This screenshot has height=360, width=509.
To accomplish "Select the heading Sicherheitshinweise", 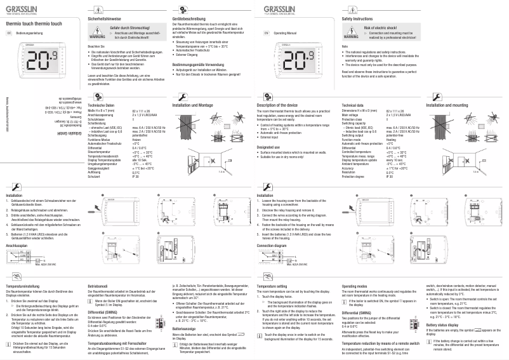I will (105, 20).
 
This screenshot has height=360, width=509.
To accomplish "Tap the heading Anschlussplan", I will (17, 227).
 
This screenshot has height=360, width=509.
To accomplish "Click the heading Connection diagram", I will (273, 227).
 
